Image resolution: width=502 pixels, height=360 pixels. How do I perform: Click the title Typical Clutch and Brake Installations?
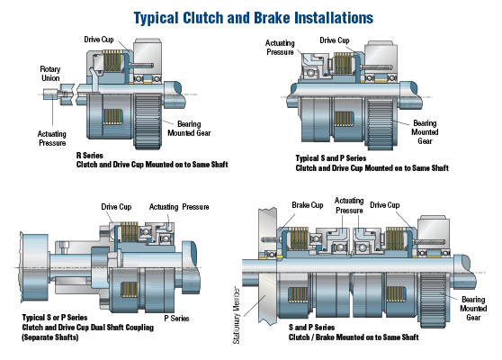point(251,17)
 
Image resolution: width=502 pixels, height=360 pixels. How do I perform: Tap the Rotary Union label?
point(50,74)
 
